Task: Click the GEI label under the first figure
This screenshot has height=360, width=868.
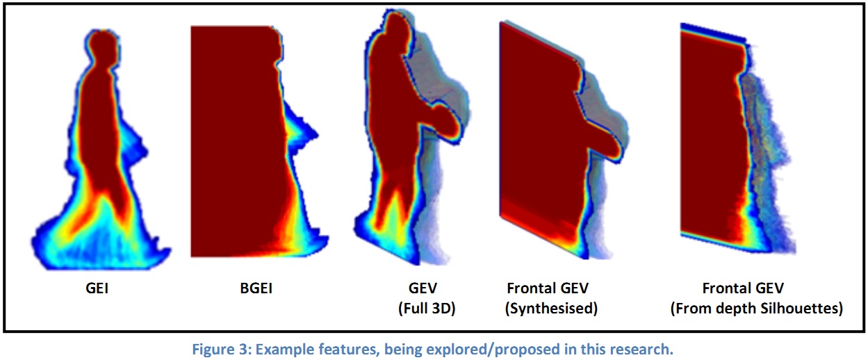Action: coord(96,286)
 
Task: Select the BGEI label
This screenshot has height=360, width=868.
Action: coord(252,286)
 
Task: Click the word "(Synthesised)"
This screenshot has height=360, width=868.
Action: coord(551,308)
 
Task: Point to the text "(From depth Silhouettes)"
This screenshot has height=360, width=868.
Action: coord(756,308)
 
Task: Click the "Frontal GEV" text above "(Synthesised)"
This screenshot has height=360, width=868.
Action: coord(551,286)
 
